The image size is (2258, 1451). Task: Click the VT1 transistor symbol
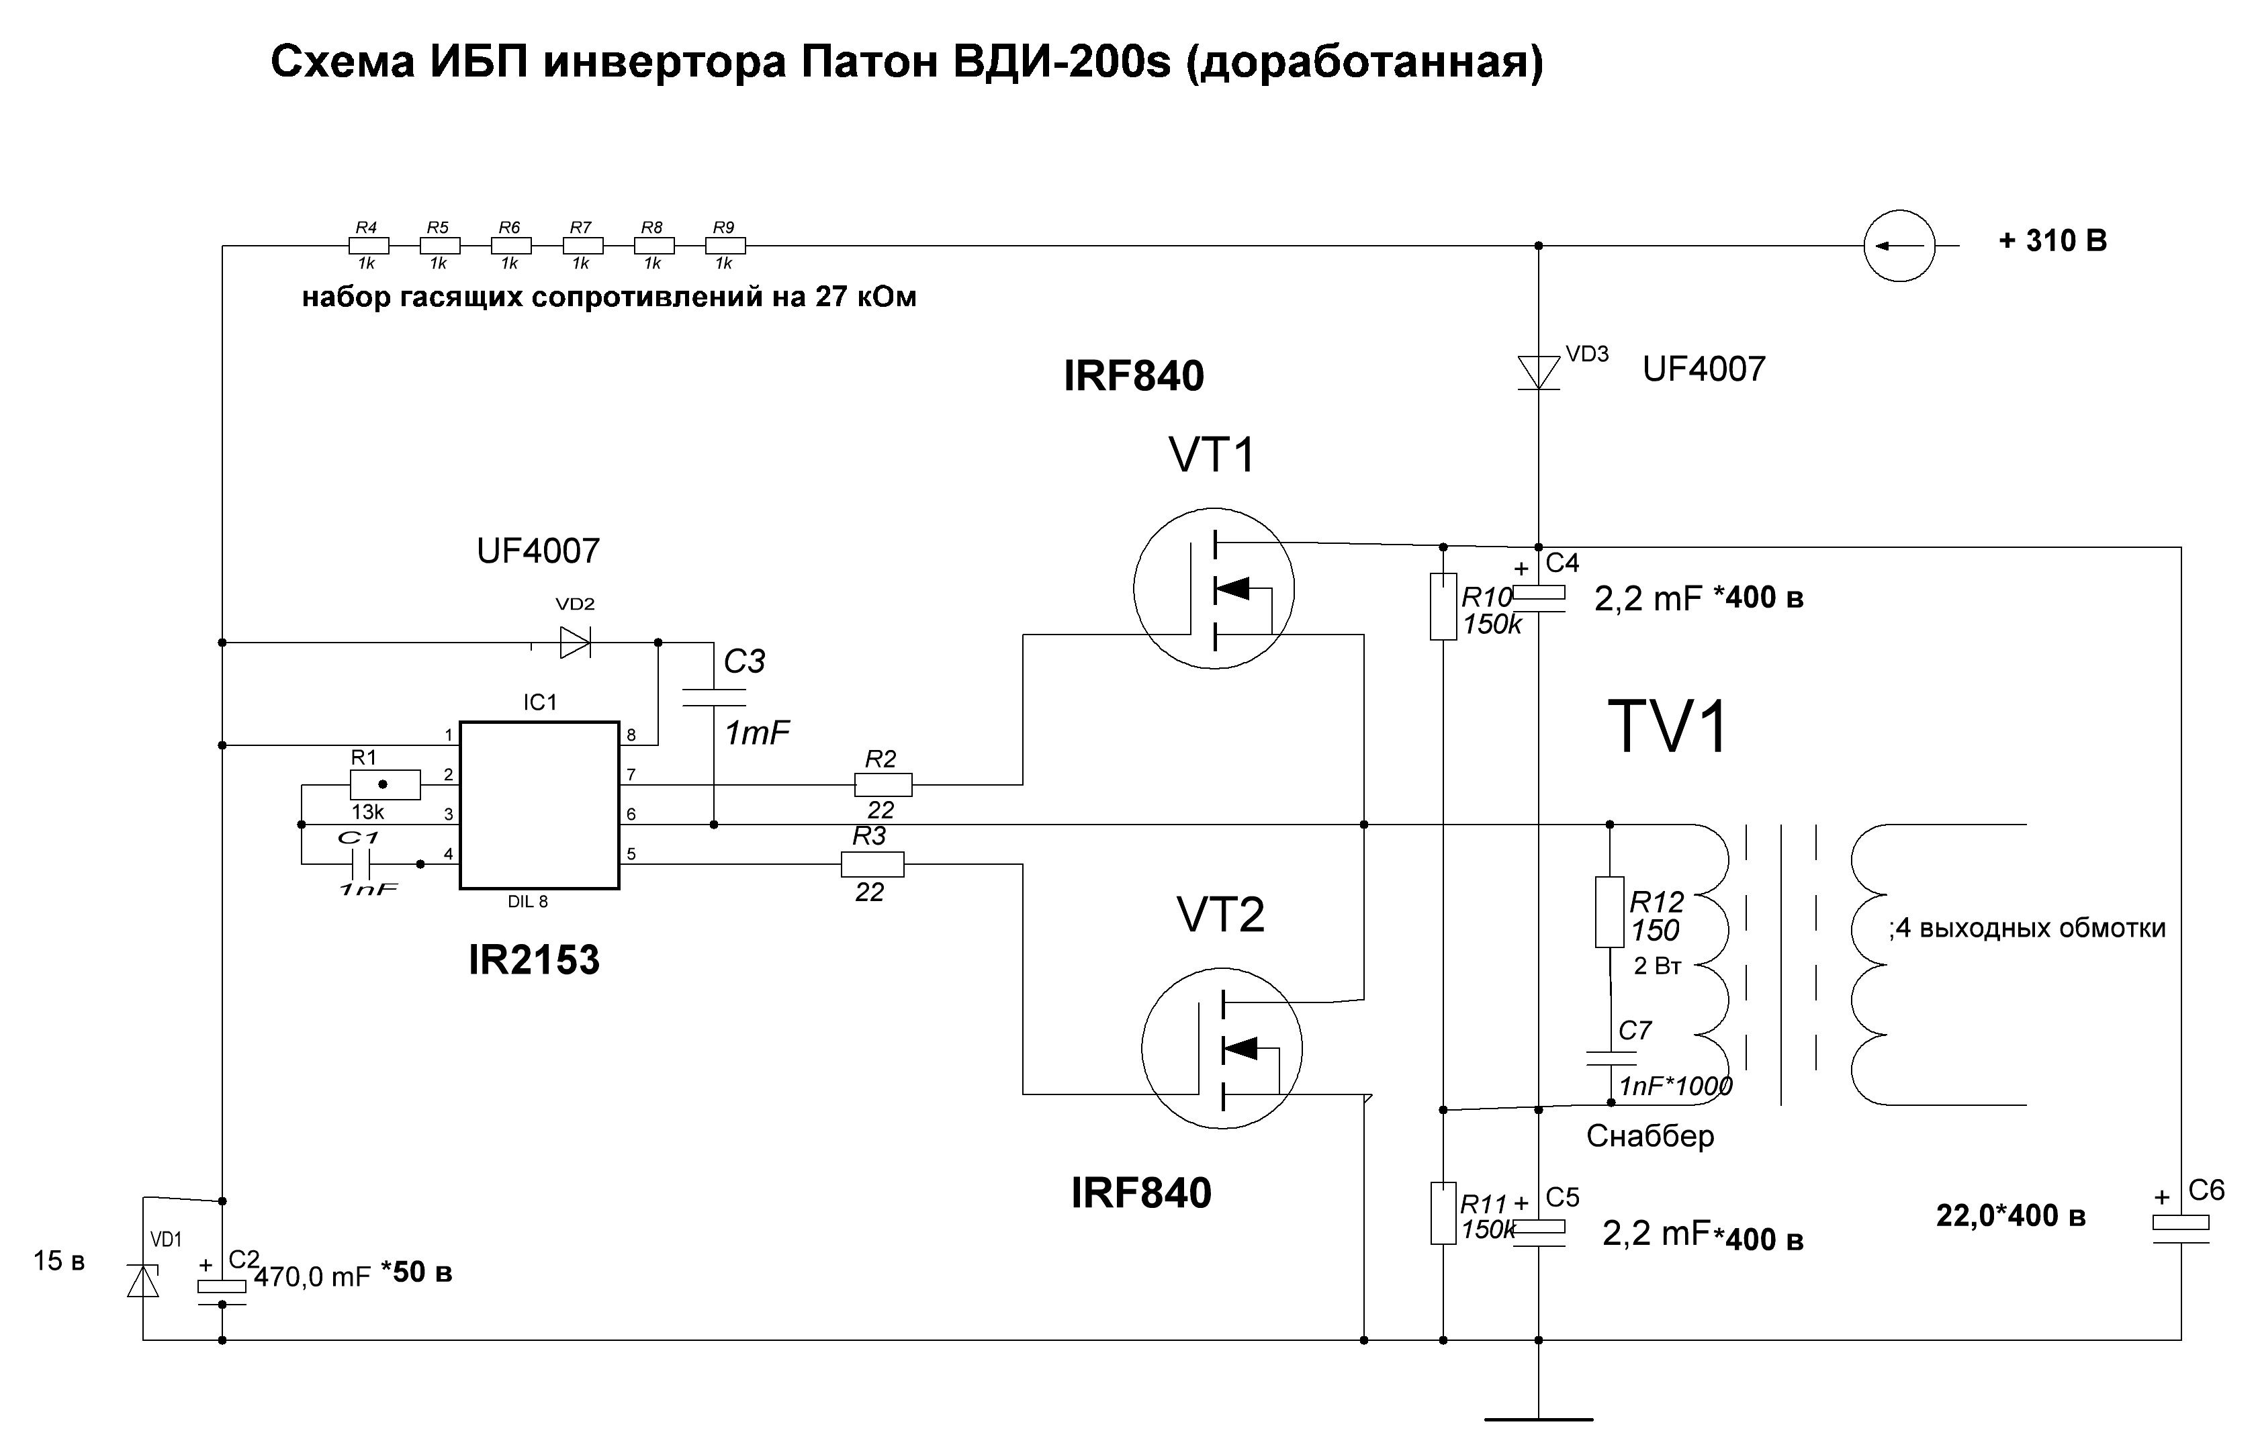1214,588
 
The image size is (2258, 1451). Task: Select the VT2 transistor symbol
1222,1047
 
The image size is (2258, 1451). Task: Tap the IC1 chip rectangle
539,806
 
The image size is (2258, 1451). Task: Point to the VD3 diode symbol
1538,372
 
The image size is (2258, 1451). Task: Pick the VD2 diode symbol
574,643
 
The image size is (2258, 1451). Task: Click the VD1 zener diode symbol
143,1280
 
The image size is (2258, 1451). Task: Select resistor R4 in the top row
369,246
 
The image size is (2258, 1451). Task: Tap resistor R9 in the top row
725,246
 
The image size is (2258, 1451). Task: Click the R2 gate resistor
883,784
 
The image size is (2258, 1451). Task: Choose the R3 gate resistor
872,864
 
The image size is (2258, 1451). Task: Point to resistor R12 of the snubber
1610,911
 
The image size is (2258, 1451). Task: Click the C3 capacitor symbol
713,697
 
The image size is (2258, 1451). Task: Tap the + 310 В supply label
2052,241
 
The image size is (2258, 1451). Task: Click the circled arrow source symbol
1899,246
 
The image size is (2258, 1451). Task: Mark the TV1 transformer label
1668,727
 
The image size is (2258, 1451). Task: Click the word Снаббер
1650,1136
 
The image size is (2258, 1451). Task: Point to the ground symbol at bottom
1538,1418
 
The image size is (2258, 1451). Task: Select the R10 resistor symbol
1443,607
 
